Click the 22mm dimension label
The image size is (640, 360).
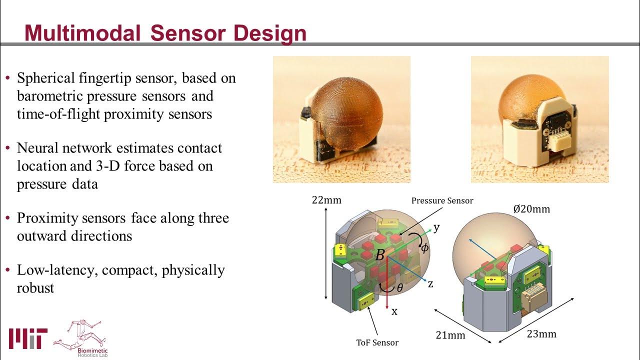pos(326,200)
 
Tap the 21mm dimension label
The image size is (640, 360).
pos(449,334)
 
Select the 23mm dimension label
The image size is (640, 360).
pos(541,333)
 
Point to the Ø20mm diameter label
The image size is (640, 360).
pos(531,209)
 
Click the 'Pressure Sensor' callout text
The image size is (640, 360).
pos(442,200)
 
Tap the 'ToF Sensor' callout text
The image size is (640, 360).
pos(377,342)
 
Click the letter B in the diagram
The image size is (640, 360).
pos(380,255)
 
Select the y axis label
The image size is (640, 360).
pos(436,227)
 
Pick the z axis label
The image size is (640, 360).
pos(430,283)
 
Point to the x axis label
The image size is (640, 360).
pos(394,311)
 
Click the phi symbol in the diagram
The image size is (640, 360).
pos(424,247)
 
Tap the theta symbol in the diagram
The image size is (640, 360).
pos(399,288)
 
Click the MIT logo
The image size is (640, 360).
pos(28,338)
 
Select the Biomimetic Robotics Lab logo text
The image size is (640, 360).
pos(92,350)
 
